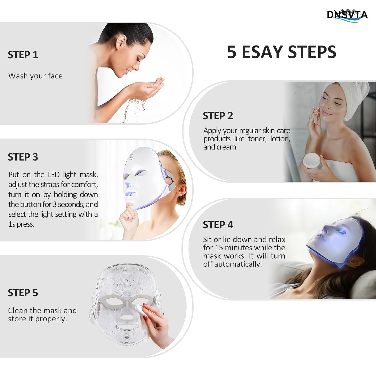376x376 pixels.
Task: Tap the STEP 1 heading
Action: point(23,55)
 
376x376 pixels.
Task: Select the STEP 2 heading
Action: point(218,116)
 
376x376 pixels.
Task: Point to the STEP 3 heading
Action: point(23,157)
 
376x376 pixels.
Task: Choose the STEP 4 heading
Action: point(218,225)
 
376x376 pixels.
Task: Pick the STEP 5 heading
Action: point(23,293)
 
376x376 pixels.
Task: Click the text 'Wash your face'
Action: point(35,76)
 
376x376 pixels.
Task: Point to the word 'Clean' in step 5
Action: point(18,310)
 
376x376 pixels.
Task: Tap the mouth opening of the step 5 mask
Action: point(126,327)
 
